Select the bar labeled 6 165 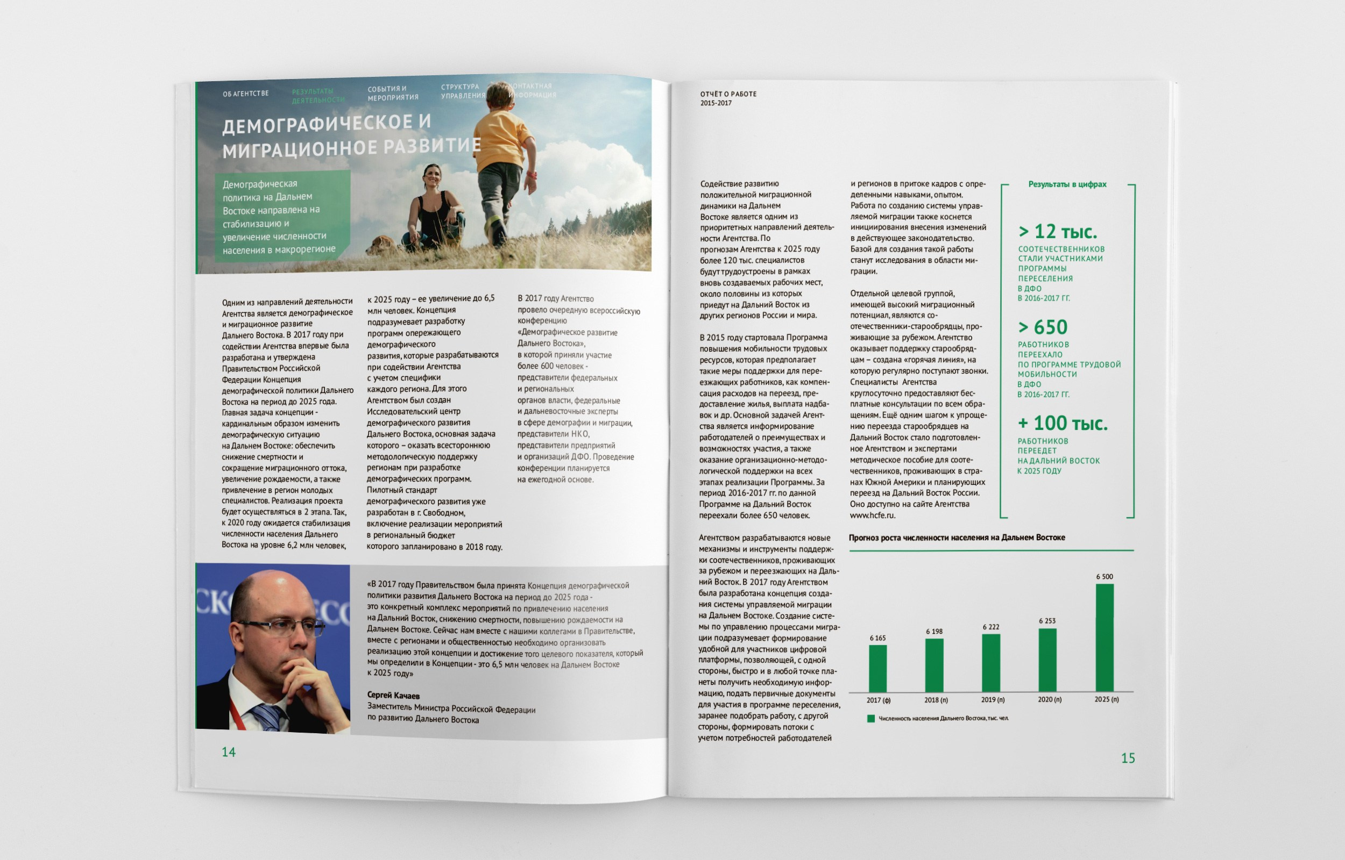[877, 668]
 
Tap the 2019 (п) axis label [993, 700]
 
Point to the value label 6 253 [1047, 621]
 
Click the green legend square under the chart [870, 719]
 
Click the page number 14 [229, 752]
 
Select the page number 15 [1128, 758]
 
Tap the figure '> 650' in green [1042, 327]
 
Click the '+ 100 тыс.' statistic [1062, 424]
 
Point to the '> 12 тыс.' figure [1057, 232]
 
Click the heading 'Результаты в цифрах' [1067, 184]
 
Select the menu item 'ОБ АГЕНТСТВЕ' [245, 94]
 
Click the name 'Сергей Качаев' [393, 696]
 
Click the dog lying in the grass [381, 245]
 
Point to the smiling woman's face [433, 177]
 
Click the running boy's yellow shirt [502, 140]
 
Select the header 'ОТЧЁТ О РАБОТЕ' [728, 95]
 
